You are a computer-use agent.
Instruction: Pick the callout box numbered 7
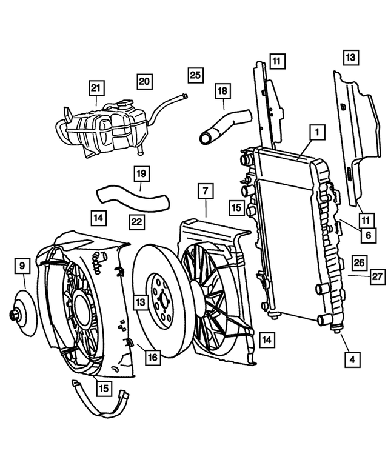206,192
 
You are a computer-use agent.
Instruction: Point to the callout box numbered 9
22,266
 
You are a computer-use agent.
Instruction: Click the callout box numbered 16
152,358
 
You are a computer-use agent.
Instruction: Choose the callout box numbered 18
222,92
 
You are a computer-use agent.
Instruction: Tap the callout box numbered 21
95,89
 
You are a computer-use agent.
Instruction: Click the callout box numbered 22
137,222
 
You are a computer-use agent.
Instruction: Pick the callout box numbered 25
195,75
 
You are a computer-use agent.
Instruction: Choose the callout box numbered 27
377,277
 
